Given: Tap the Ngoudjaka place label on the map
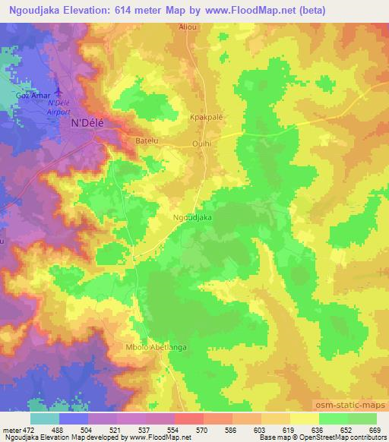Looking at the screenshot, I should tap(192, 217).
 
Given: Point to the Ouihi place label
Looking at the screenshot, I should tap(201, 141).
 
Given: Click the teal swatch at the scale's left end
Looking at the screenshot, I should tap(44, 418).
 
